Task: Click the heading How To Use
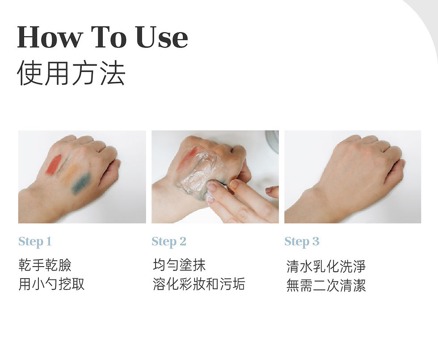click(x=102, y=37)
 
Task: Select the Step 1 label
click(x=35, y=241)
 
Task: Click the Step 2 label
click(x=168, y=241)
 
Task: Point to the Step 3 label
click(x=302, y=241)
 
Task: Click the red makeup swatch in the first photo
click(x=53, y=165)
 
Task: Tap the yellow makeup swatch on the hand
click(x=69, y=174)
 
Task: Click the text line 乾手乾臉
click(x=45, y=265)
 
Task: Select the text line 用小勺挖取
click(x=51, y=284)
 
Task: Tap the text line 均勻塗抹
click(x=179, y=265)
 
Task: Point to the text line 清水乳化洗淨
click(x=326, y=267)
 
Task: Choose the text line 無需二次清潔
click(x=326, y=285)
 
